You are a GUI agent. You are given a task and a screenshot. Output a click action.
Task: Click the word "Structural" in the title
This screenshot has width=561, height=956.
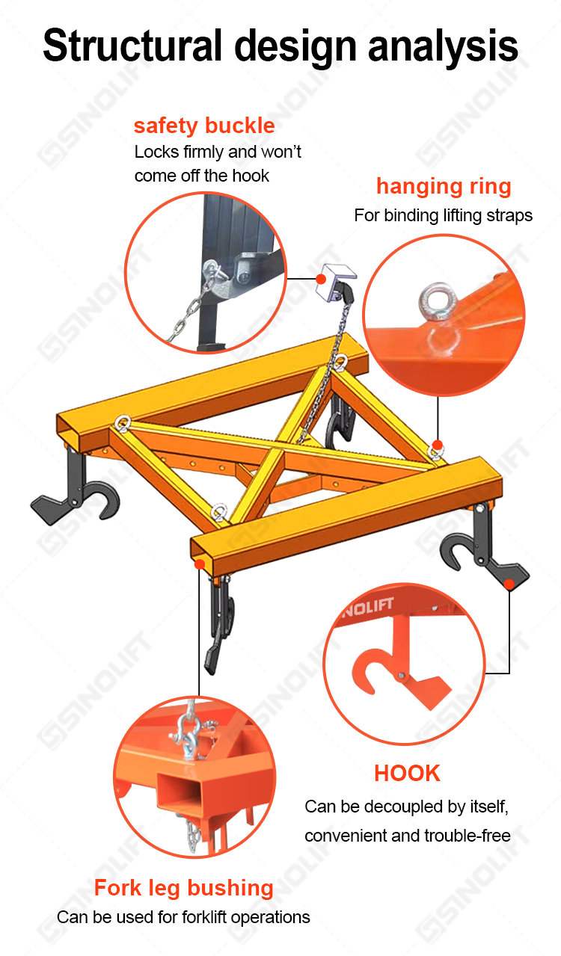point(132,46)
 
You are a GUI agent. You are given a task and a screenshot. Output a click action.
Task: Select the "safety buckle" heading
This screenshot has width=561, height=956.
point(204,126)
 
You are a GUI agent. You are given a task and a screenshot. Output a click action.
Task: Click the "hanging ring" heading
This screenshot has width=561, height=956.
point(444,187)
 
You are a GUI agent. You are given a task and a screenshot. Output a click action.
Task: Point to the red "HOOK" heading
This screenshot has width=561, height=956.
point(407,773)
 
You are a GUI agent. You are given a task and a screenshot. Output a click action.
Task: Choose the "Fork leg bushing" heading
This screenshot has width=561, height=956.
point(183,888)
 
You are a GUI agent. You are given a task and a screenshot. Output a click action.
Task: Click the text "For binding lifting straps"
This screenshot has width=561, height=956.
point(443,215)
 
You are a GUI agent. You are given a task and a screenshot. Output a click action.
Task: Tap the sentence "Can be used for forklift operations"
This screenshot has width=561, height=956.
point(183,916)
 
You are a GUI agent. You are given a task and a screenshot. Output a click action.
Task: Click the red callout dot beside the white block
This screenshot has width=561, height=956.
point(321,279)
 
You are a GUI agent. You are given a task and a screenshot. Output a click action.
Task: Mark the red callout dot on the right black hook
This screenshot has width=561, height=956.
point(509,584)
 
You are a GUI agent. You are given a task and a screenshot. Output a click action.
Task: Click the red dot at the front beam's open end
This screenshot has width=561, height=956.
point(200,564)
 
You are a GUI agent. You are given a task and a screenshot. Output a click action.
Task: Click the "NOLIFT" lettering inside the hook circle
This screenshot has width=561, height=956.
point(368,608)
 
